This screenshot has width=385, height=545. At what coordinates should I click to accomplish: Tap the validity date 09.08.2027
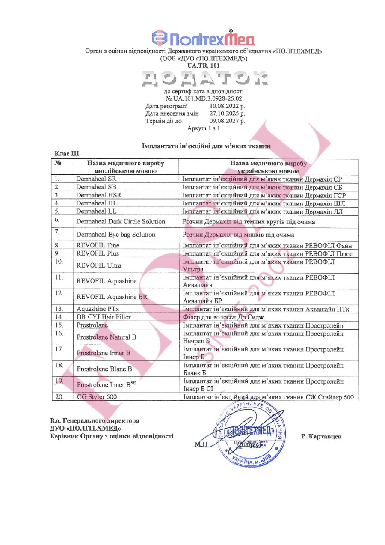point(227,121)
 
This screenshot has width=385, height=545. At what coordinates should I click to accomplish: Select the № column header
point(59,163)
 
